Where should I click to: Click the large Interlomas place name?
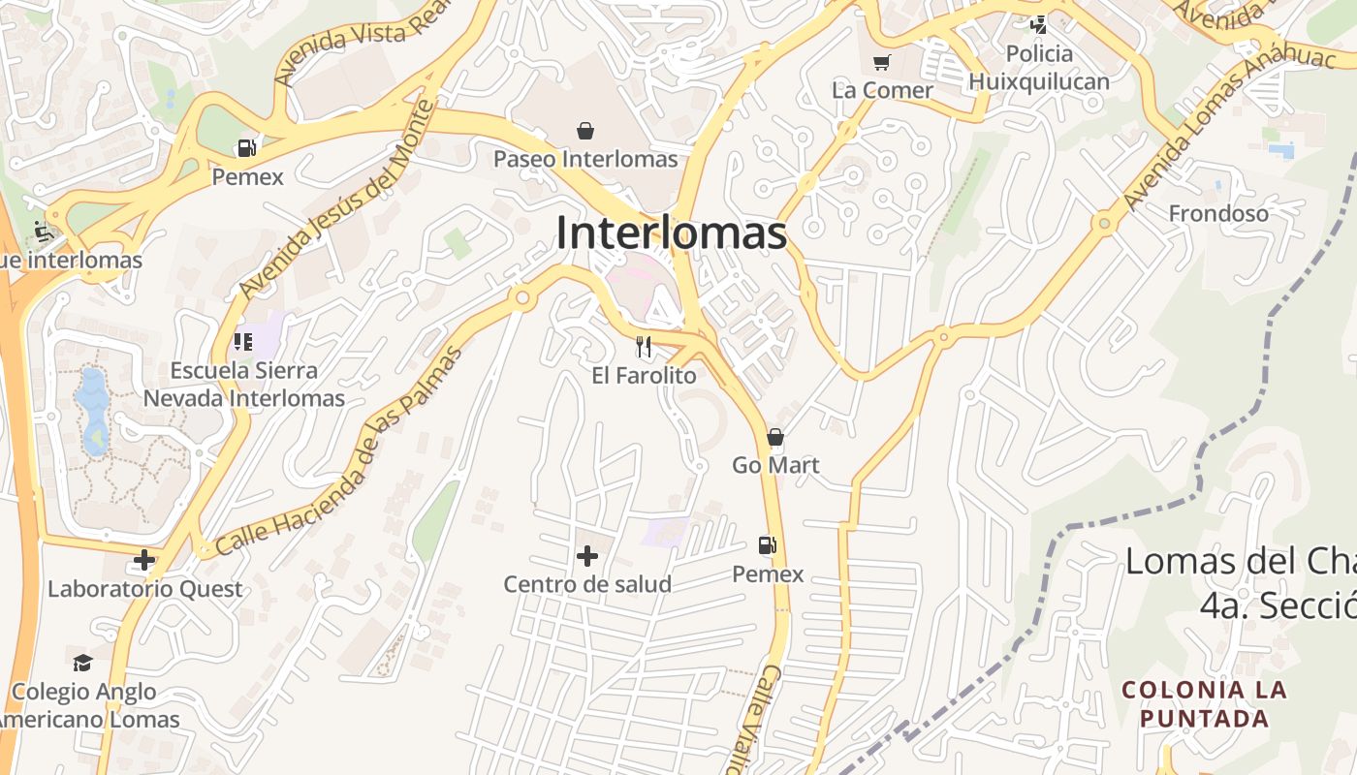pyautogui.click(x=671, y=233)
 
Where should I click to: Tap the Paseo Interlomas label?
pyautogui.click(x=585, y=159)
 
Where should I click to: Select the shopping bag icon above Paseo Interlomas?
pyautogui.click(x=585, y=131)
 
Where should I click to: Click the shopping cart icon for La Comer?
pyautogui.click(x=881, y=64)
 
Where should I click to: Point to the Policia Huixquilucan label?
pyautogui.click(x=1039, y=68)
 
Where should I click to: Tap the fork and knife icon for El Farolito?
pyautogui.click(x=644, y=347)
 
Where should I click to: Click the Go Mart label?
pyautogui.click(x=775, y=465)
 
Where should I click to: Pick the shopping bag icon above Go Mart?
pyautogui.click(x=775, y=438)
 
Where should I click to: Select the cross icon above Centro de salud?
pyautogui.click(x=586, y=556)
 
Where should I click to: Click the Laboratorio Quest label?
pyautogui.click(x=145, y=589)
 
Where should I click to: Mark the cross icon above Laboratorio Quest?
pyautogui.click(x=144, y=560)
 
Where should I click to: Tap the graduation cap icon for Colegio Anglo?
pyautogui.click(x=83, y=664)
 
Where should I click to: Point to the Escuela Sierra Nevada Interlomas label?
pyautogui.click(x=244, y=385)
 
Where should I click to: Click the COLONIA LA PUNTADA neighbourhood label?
pyautogui.click(x=1205, y=704)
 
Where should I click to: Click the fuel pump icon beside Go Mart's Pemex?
pyautogui.click(x=768, y=546)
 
